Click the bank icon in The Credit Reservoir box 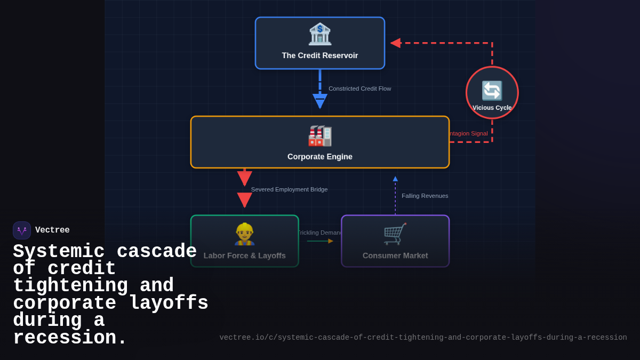pos(320,34)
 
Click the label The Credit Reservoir pos(320,55)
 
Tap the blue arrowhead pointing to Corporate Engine pos(320,101)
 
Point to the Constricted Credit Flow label pos(359,89)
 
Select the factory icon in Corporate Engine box pos(320,135)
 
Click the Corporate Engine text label pos(320,157)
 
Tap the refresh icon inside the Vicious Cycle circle pos(492,91)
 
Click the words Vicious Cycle pos(492,108)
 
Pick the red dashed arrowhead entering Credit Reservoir pos(395,43)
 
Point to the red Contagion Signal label pos(468,133)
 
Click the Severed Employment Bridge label pos(289,189)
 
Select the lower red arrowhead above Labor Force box pos(245,200)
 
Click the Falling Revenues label pos(425,196)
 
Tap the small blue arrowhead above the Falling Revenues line pos(395,179)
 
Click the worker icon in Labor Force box pos(245,234)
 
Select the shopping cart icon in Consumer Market pos(395,234)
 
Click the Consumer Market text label pos(395,255)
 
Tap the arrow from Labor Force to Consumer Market pos(320,241)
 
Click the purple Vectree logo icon pos(22,230)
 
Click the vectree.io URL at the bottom pos(423,338)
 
